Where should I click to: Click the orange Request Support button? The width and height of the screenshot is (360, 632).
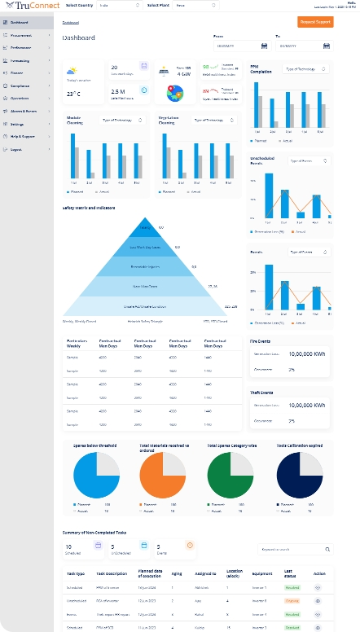pyautogui.click(x=315, y=23)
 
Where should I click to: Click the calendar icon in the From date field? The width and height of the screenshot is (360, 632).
pyautogui.click(x=264, y=46)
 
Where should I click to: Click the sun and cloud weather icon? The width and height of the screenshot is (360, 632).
pyautogui.click(x=72, y=71)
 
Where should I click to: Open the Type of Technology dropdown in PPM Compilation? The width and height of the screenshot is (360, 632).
pyautogui.click(x=305, y=70)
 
